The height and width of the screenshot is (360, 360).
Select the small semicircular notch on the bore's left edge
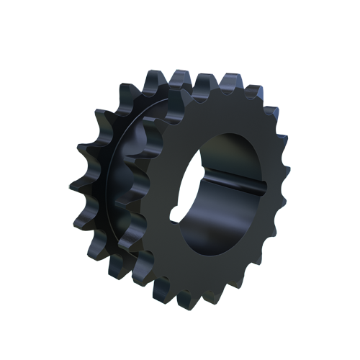tap(175, 213)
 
